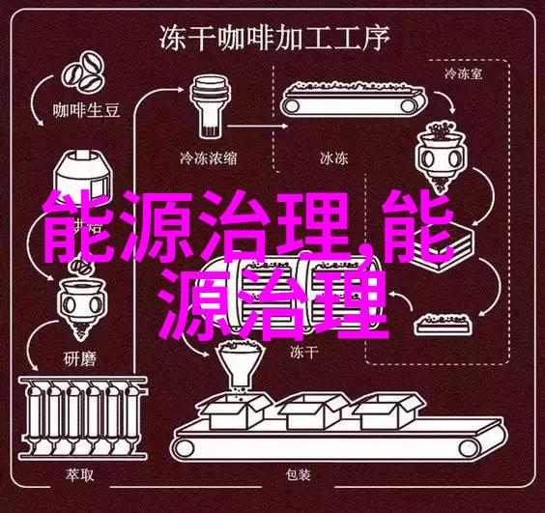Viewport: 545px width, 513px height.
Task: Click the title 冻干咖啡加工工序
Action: coord(274,38)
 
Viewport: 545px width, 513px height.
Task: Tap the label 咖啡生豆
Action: coord(86,110)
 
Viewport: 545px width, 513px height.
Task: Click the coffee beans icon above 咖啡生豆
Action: coord(83,72)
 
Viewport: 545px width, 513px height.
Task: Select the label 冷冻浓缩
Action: coord(208,158)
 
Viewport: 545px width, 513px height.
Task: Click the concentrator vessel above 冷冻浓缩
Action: coord(210,106)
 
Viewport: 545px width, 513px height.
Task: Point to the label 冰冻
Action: coord(333,158)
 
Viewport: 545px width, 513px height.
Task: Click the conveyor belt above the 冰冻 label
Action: coord(354,99)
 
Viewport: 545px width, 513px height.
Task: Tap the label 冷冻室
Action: coord(463,73)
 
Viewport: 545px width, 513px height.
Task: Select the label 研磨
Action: coord(79,358)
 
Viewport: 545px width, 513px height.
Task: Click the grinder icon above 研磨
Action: coord(81,306)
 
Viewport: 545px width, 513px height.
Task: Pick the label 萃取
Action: coord(79,474)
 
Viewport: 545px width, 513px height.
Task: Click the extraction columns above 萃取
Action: coord(83,417)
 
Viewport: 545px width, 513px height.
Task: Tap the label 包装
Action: coord(298,474)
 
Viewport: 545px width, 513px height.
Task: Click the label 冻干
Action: coord(303,353)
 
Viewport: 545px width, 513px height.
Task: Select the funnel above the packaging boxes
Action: coord(240,365)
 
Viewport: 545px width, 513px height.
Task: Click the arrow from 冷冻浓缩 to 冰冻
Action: coord(259,127)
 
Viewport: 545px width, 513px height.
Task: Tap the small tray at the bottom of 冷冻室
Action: coord(445,324)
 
